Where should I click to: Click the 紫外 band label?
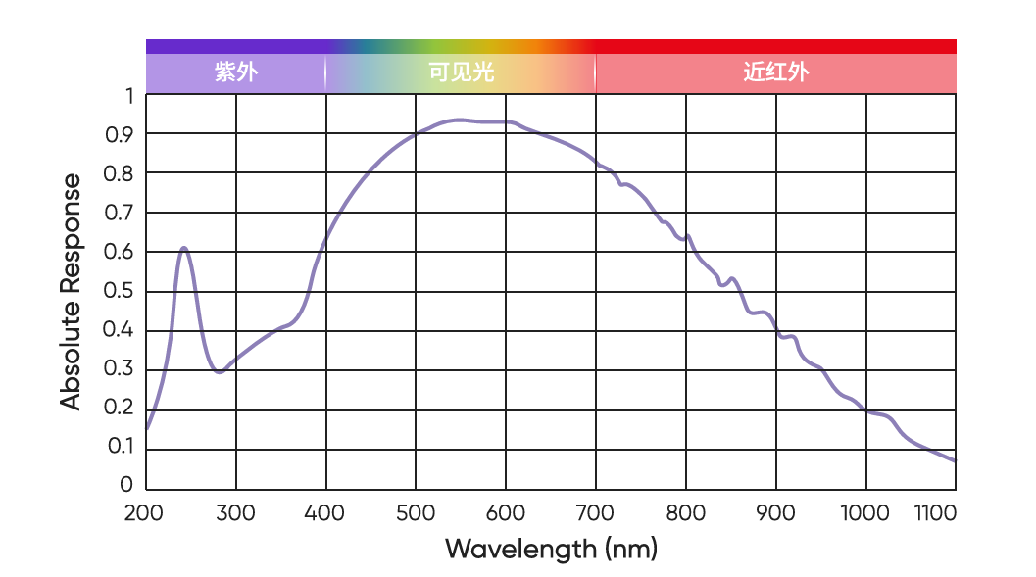tap(236, 72)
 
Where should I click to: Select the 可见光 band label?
tap(462, 72)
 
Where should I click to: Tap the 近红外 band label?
tap(775, 72)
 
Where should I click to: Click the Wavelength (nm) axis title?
tap(551, 548)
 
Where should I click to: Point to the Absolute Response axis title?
tap(71, 291)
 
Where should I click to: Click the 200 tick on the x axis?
tap(144, 513)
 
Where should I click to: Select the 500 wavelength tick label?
tap(415, 513)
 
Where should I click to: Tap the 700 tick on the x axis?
tap(595, 513)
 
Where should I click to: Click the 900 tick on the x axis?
tap(775, 513)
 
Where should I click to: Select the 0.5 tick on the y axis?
tap(118, 291)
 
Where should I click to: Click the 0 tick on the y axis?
tap(125, 486)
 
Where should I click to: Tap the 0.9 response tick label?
tap(118, 135)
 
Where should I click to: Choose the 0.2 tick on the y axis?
tap(118, 408)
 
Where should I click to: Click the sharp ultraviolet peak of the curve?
tap(183, 248)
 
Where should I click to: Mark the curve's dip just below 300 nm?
tap(219, 372)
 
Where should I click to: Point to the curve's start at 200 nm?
tap(147, 428)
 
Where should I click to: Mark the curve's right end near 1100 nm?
tap(954, 460)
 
